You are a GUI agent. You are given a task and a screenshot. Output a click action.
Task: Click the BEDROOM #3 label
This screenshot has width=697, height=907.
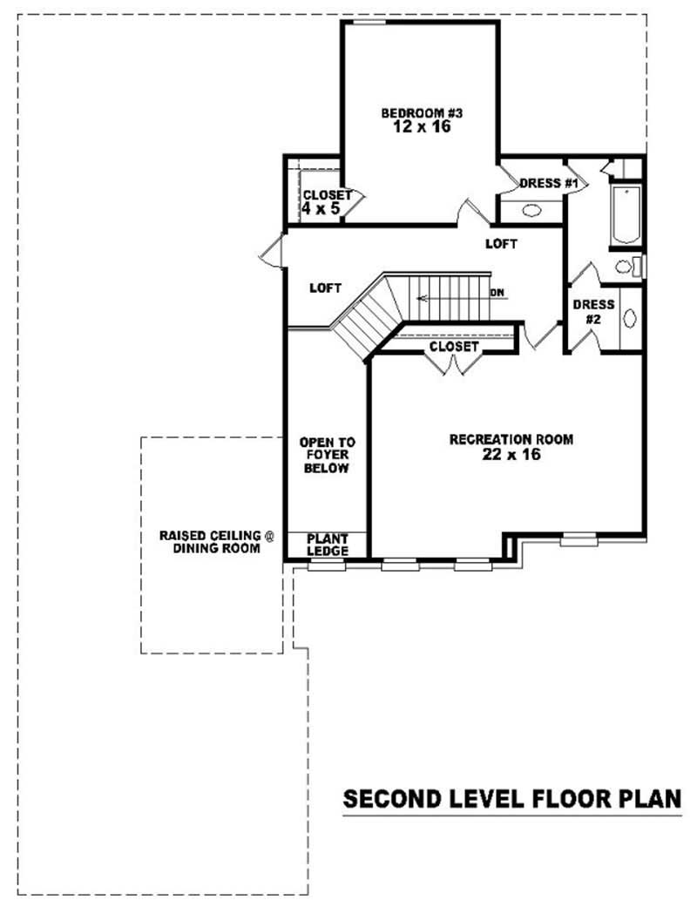[x=414, y=112]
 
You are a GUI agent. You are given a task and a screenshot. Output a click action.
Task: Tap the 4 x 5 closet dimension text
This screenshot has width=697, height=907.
[x=320, y=209]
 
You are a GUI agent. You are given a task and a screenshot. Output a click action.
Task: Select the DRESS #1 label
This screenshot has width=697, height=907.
[x=549, y=183]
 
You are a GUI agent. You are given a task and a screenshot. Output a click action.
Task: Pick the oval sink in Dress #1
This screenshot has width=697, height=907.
[x=531, y=210]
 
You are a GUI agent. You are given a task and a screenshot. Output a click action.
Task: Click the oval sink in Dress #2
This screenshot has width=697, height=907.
[x=629, y=318]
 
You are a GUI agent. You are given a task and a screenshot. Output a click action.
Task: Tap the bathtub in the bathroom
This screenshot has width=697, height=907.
[x=626, y=215]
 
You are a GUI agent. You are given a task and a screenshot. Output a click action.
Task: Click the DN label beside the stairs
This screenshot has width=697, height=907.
[x=497, y=293]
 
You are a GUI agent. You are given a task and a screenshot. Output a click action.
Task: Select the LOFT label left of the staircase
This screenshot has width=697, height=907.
[x=326, y=288]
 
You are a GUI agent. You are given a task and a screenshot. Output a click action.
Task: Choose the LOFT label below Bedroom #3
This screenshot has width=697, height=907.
[x=501, y=244]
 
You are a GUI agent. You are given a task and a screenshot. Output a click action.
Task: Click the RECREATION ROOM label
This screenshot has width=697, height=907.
[x=511, y=440]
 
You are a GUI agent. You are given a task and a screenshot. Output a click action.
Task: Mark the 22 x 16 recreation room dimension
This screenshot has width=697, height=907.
[x=511, y=454]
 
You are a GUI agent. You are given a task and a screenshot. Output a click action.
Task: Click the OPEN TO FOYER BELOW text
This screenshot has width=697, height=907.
[x=327, y=455]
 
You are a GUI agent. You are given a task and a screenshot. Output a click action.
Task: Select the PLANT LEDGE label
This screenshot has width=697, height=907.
[x=328, y=545]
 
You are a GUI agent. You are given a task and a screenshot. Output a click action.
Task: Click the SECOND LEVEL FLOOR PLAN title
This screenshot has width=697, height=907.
[x=512, y=799]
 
